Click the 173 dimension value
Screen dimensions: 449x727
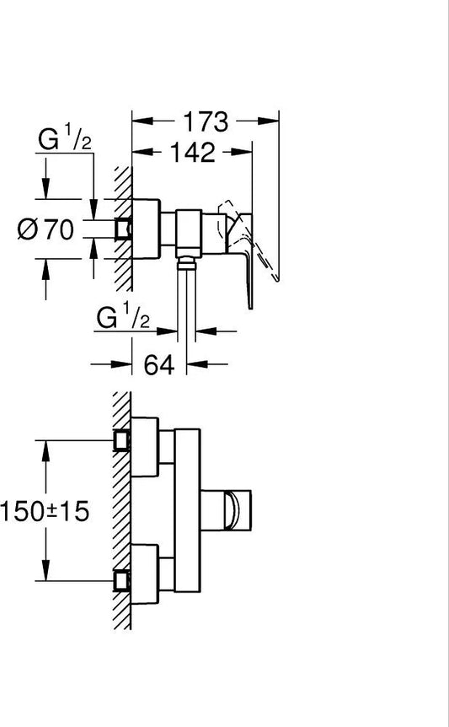(x=206, y=121)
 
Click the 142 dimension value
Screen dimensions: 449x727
(x=193, y=152)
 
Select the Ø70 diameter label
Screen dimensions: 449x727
(x=45, y=229)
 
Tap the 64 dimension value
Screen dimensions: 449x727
(x=158, y=364)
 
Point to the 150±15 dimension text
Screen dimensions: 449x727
(x=45, y=511)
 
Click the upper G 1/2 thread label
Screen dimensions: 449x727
(x=65, y=138)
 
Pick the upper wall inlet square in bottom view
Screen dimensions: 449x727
(x=122, y=440)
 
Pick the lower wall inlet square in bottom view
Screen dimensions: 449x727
(x=122, y=580)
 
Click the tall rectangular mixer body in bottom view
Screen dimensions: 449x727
(x=188, y=510)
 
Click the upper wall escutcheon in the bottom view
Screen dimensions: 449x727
(x=145, y=447)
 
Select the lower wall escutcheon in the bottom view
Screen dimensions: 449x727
(x=145, y=574)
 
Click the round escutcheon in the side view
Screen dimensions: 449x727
(x=146, y=229)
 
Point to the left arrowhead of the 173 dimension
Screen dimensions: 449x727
(x=142, y=121)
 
